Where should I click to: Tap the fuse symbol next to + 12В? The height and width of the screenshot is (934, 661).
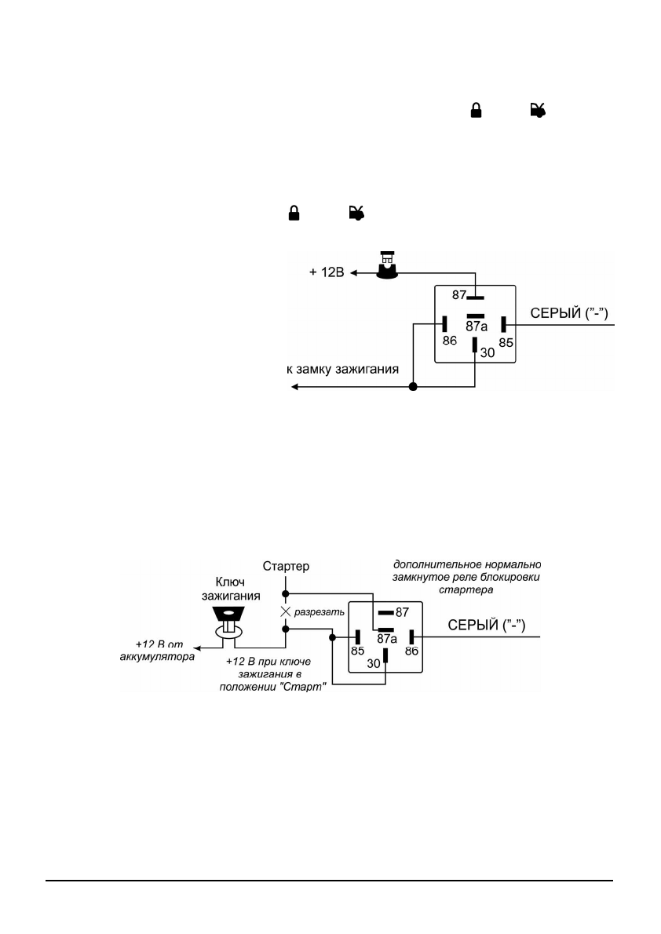pyautogui.click(x=385, y=267)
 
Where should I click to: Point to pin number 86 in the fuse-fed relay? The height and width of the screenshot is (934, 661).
pyautogui.click(x=449, y=341)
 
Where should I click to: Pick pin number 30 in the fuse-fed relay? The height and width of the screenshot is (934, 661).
pyautogui.click(x=488, y=353)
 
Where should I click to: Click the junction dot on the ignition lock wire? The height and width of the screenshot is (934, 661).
pyautogui.click(x=414, y=387)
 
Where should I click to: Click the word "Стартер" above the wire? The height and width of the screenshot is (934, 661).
pyautogui.click(x=285, y=565)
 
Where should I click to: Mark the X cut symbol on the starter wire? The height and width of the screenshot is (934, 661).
pyautogui.click(x=285, y=610)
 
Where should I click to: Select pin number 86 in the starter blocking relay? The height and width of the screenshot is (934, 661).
pyautogui.click(x=411, y=651)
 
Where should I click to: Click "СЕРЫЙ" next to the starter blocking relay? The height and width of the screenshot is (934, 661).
pyautogui.click(x=469, y=625)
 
